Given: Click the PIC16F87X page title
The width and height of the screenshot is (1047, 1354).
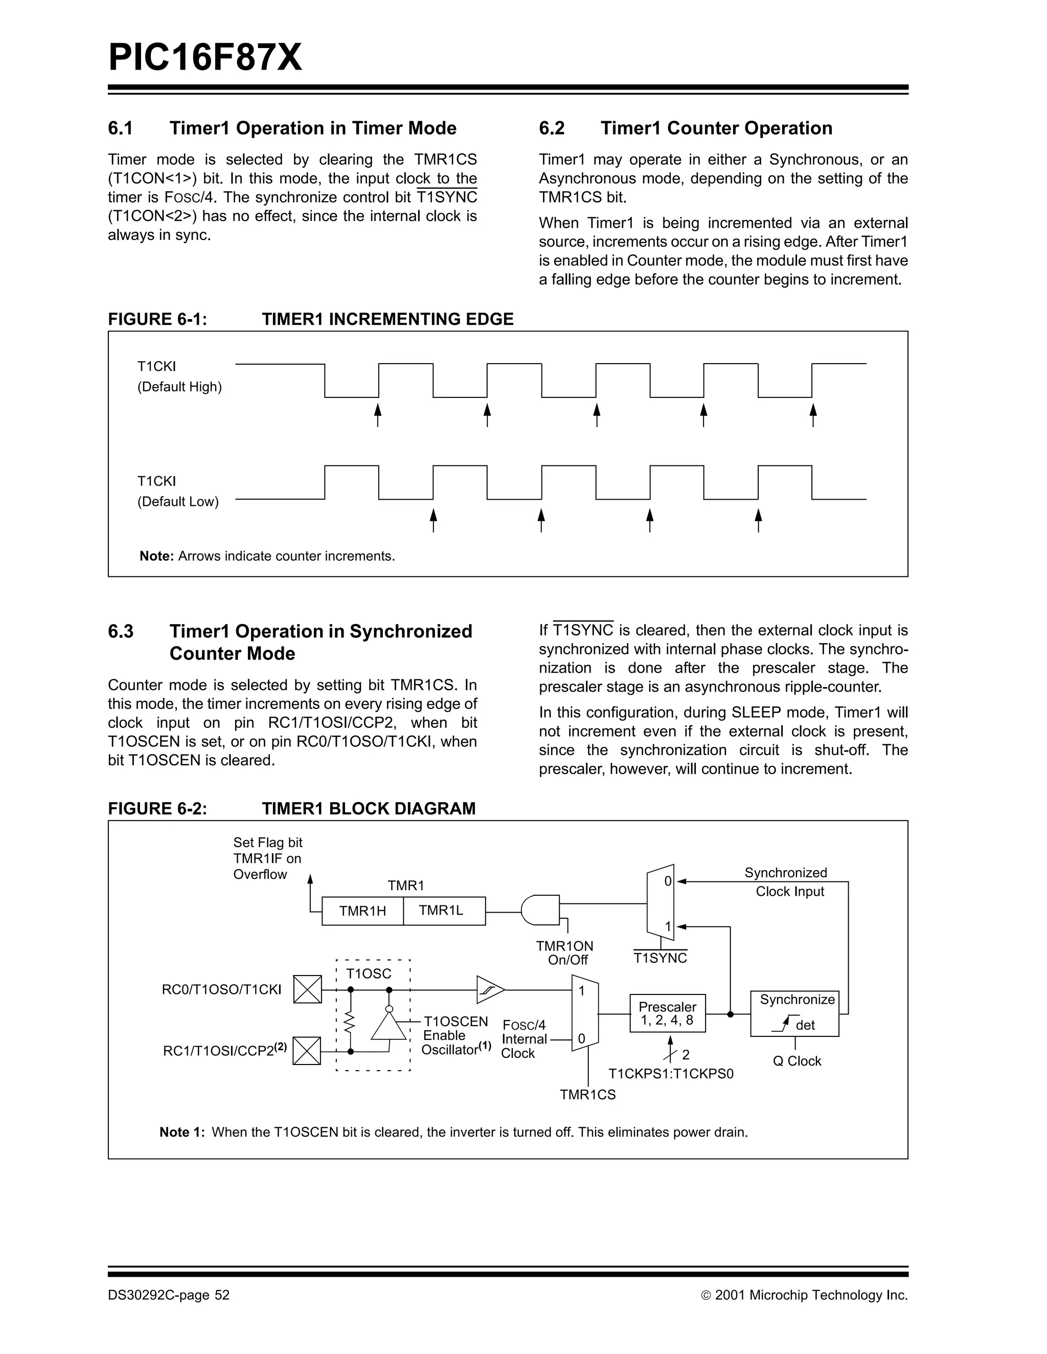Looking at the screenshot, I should [205, 58].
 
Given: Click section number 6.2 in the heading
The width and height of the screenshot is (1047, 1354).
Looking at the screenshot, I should [552, 128].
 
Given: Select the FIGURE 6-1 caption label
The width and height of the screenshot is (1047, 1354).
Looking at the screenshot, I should [157, 319].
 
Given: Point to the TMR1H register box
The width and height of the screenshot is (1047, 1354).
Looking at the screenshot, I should [362, 911].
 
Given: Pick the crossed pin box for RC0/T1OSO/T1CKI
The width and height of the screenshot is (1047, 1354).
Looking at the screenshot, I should [307, 989].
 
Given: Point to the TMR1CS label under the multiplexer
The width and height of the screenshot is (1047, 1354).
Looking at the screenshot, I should [587, 1095].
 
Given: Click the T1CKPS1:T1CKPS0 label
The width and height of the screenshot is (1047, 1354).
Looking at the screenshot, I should [670, 1074].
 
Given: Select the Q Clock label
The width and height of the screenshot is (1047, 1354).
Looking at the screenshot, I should [796, 1061].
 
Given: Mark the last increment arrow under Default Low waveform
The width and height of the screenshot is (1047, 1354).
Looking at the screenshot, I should [758, 520].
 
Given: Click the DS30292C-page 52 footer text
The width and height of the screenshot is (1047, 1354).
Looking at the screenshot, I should [169, 1295].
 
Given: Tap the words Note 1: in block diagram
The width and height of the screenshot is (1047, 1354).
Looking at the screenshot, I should [181, 1132].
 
